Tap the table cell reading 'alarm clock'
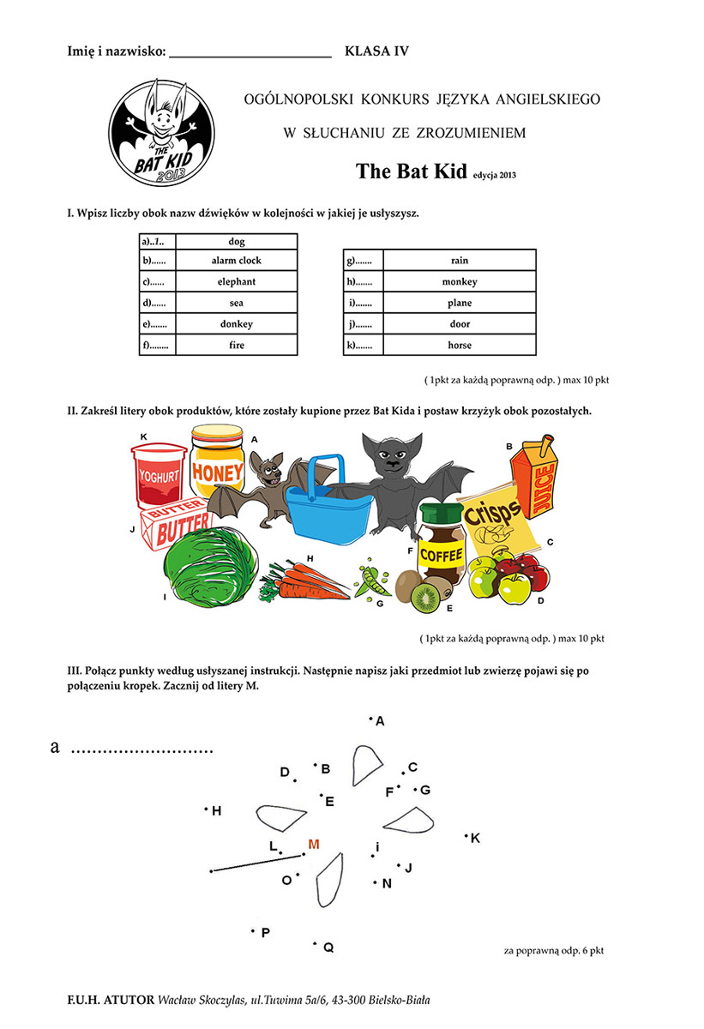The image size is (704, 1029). tap(237, 260)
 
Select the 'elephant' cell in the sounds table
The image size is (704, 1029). tap(237, 281)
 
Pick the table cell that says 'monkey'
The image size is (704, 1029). tap(460, 281)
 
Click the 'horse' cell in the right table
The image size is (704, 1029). tap(460, 346)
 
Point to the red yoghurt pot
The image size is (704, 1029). tap(159, 474)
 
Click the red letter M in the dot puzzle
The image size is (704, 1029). tap(314, 845)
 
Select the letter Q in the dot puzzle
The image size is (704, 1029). tap(328, 948)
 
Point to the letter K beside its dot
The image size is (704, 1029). tap(476, 838)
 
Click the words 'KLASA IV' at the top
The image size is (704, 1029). tap(376, 51)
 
